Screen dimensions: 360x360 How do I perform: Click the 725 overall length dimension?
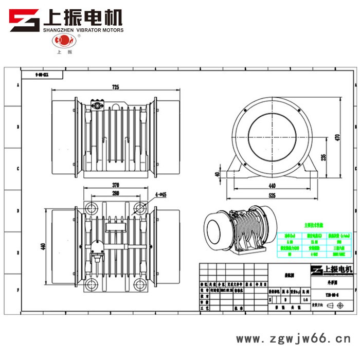pyautogui.click(x=116, y=88)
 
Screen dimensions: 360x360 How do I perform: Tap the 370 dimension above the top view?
pyautogui.click(x=116, y=185)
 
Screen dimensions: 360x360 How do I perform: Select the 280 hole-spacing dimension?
pyautogui.click(x=116, y=193)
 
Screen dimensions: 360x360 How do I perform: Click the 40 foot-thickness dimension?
pyautogui.click(x=218, y=174)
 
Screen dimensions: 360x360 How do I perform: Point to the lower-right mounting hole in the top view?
pyautogui.click(x=139, y=284)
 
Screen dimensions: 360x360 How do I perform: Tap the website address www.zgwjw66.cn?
pyautogui.click(x=293, y=340)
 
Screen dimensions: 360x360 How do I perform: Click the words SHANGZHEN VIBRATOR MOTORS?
pyautogui.click(x=83, y=30)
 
